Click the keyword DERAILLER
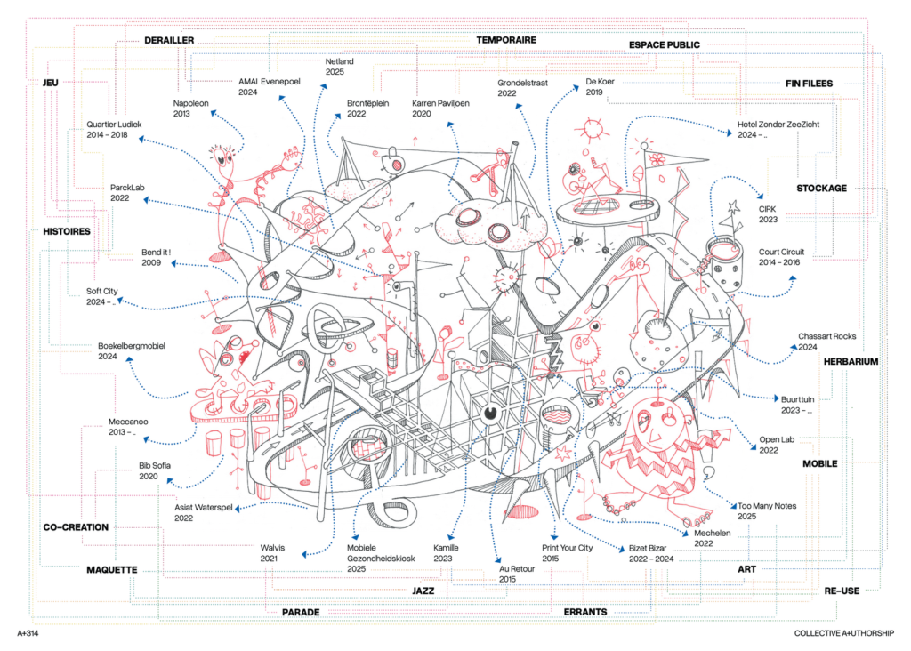pos(169,40)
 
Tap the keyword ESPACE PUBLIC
pos(664,44)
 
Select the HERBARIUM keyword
pos(851,361)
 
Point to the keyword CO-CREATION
pos(77,527)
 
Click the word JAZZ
pos(423,591)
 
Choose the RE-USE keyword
pos(842,591)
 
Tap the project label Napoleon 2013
pos(190,108)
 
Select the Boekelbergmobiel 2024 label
pos(132,350)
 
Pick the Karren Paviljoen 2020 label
pos(440,108)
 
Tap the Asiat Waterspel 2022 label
pos(204,512)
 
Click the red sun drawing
pos(593,129)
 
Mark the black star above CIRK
pos(733,206)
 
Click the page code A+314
pos(28,633)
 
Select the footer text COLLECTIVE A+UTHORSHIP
pos(844,633)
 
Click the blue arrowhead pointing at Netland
pos(324,86)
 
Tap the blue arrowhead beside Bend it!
pos(173,263)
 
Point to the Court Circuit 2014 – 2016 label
pos(781,257)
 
